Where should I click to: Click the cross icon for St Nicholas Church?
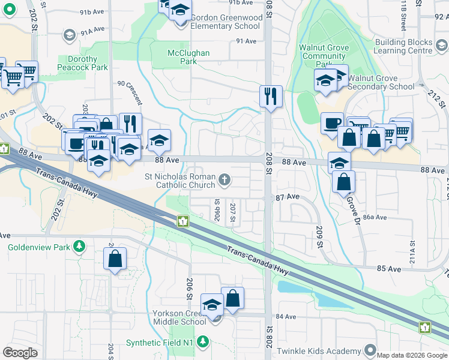pyautogui.click(x=224, y=179)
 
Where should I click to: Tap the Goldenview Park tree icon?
pyautogui.click(x=79, y=247)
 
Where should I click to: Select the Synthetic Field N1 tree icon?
pyautogui.click(x=203, y=343)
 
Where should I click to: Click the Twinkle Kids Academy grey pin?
pyautogui.click(x=371, y=349)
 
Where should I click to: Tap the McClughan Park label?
pyautogui.click(x=188, y=57)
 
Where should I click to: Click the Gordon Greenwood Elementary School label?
pyautogui.click(x=226, y=22)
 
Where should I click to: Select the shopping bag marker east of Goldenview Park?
pyautogui.click(x=115, y=259)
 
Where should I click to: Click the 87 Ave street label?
pyautogui.click(x=288, y=197)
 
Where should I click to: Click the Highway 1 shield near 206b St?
pyautogui.click(x=181, y=222)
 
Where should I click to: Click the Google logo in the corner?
pyautogui.click(x=20, y=352)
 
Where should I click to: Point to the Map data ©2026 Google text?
pyautogui.click(x=412, y=355)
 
